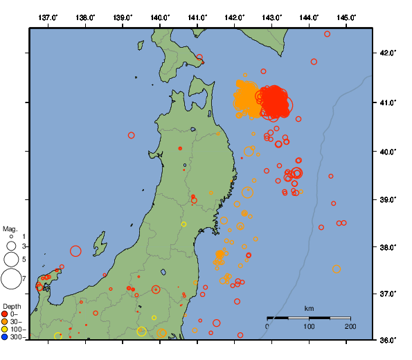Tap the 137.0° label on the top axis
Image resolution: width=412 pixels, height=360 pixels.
48,17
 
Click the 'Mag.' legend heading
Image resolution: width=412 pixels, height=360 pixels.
10,228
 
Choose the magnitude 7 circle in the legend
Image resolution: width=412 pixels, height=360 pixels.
10,279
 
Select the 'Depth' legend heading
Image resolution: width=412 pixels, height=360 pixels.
12,305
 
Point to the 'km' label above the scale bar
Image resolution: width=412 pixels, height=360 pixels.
309,308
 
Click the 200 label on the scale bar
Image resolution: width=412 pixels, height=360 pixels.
350,326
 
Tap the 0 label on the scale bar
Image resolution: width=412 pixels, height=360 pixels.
268,326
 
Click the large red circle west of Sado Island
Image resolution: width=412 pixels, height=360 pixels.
75,251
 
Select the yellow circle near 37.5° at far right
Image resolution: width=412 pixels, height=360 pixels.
337,269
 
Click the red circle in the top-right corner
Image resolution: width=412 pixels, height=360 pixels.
327,34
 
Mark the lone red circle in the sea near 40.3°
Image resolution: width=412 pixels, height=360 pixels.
132,136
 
